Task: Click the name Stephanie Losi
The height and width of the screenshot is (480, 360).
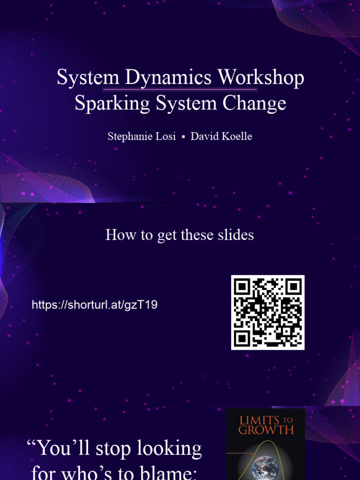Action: pyautogui.click(x=141, y=136)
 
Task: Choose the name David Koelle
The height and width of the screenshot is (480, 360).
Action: pyautogui.click(x=221, y=136)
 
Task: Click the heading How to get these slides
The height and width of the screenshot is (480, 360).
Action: pyautogui.click(x=180, y=234)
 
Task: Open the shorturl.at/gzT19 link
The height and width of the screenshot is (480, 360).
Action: pyautogui.click(x=95, y=305)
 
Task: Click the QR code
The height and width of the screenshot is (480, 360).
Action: pyautogui.click(x=268, y=312)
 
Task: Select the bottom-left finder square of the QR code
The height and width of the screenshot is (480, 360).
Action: pyautogui.click(x=242, y=338)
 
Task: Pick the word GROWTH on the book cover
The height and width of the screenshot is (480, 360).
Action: pyautogui.click(x=266, y=430)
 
